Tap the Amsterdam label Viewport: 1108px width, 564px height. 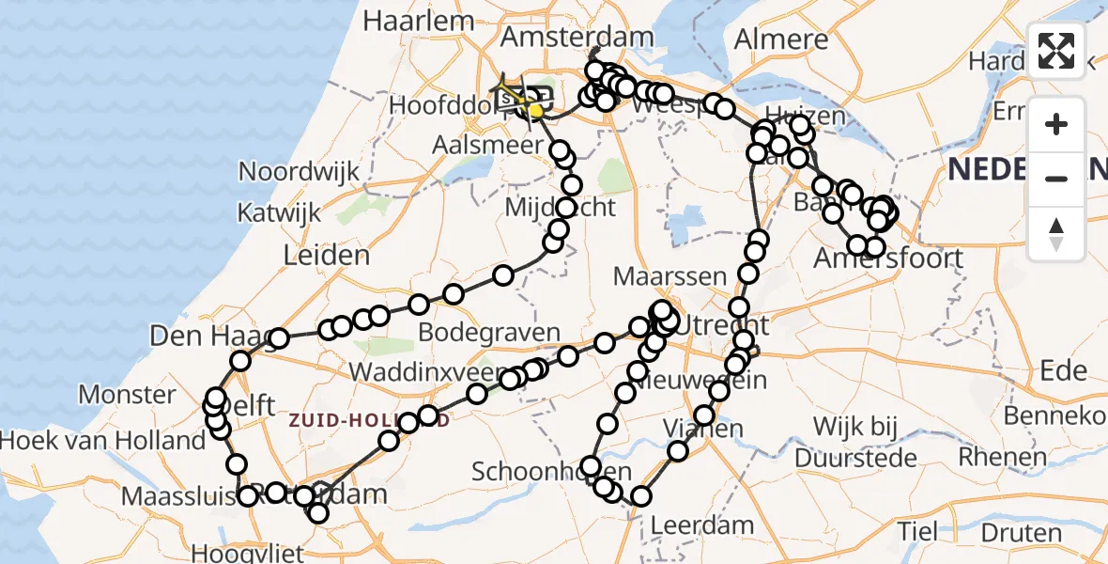coord(577,38)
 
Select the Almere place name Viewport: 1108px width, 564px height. coord(781,39)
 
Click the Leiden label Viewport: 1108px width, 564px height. coord(328,255)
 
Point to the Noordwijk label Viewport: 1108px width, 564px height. coord(300,172)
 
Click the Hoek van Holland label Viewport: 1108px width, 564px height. coord(102,440)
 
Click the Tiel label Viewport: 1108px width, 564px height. coord(916,531)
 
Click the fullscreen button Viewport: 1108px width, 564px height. coord(1056,52)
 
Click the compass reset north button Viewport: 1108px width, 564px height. coord(1056,234)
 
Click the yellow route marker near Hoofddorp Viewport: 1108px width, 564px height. coord(535,111)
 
